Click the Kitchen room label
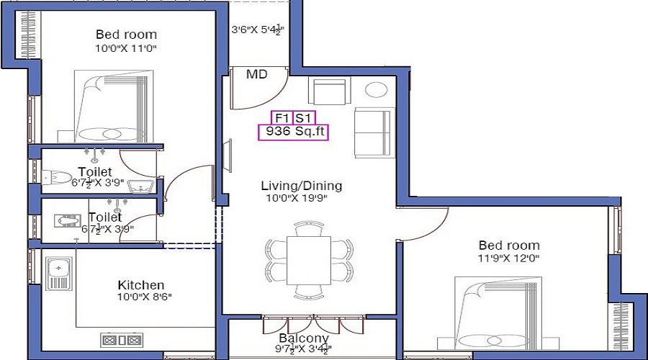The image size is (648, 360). (x=141, y=285)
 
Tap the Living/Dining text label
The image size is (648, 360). (x=302, y=186)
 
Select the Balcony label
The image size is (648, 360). (x=304, y=338)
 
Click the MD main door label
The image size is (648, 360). (x=256, y=74)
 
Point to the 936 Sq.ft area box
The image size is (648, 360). (x=293, y=132)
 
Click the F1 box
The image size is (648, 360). (x=281, y=117)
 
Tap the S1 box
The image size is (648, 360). (x=305, y=117)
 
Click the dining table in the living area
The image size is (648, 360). (x=310, y=260)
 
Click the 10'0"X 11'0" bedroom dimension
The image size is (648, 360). (x=126, y=48)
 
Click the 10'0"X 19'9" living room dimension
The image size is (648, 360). (x=297, y=198)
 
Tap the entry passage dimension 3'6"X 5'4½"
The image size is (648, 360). (x=258, y=30)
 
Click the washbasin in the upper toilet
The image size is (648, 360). (x=140, y=187)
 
